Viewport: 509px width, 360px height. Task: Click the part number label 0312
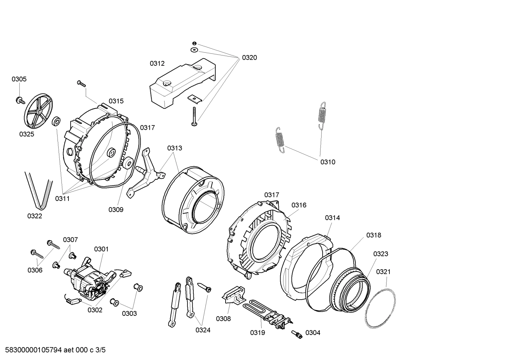[x=157, y=64]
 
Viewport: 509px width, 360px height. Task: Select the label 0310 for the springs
[x=328, y=162]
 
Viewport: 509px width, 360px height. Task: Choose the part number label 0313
[x=175, y=148]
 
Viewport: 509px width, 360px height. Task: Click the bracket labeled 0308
[x=233, y=295]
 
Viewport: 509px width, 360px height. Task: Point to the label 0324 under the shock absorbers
[x=203, y=330]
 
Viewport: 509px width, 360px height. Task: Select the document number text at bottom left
[x=53, y=350]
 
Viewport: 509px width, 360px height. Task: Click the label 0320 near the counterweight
[x=249, y=58]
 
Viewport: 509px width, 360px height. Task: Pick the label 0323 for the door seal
[x=381, y=254]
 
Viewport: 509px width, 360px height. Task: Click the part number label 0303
[x=130, y=313]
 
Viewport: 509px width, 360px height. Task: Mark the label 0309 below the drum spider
[x=116, y=210]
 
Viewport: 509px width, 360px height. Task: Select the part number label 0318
[x=373, y=235]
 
